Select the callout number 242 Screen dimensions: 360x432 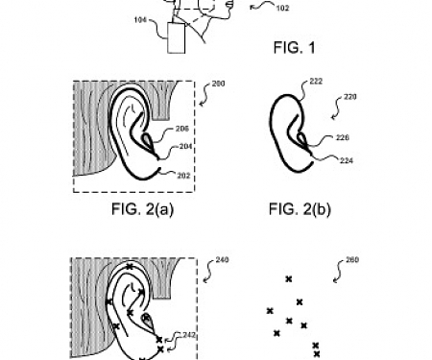click(187, 334)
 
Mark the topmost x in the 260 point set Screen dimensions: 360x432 click(288, 278)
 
